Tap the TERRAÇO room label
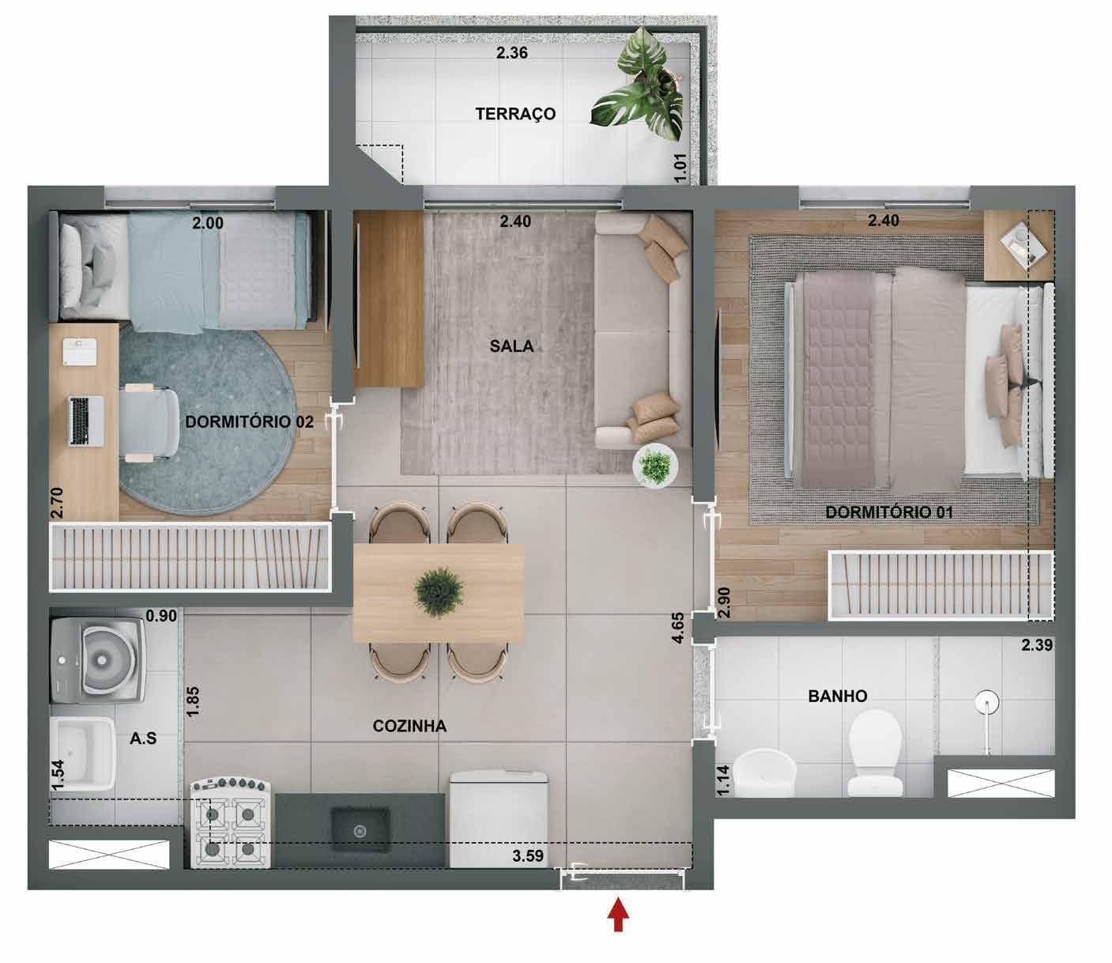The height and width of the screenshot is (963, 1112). point(515,114)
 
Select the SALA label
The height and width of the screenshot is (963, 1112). point(511,346)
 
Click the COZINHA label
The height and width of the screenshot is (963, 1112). point(409,726)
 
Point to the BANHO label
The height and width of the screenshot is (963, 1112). point(838,697)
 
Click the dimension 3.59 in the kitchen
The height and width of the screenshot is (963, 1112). point(528,856)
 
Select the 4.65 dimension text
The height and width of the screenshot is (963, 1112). point(678,628)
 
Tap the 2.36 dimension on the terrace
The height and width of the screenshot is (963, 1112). point(511,53)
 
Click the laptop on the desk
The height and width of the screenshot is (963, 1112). point(86,421)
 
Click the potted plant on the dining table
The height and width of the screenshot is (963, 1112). point(439,592)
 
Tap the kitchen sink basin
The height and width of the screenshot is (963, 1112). point(360,830)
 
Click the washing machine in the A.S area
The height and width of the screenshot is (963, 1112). point(98,659)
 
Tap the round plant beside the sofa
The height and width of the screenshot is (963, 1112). point(656,466)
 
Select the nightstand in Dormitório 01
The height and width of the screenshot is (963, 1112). point(1019,245)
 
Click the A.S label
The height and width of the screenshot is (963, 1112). point(143,738)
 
